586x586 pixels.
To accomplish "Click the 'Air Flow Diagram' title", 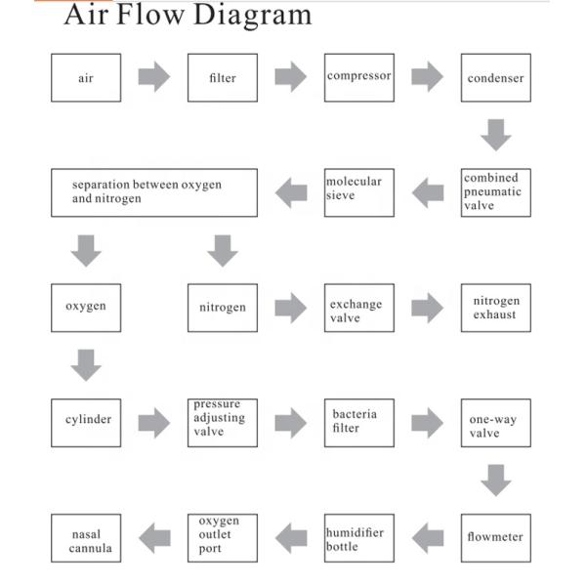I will [188, 16].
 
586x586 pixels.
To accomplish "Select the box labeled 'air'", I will [86, 78].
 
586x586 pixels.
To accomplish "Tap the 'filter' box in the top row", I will [223, 78].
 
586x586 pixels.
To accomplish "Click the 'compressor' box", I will [359, 78].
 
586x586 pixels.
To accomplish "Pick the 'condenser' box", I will [496, 78].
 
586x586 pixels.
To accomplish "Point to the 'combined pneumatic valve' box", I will [496, 192].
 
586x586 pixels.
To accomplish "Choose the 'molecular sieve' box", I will [359, 192].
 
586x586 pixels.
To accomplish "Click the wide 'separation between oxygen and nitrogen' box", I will [154, 192].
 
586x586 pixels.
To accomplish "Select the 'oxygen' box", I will [86, 307].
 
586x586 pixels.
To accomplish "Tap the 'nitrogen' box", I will [223, 307].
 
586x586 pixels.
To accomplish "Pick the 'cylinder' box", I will [86, 422].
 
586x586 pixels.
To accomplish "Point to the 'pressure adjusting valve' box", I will [223, 422].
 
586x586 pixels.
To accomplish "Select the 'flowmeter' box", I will [496, 537].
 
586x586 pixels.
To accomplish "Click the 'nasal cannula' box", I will [86, 537].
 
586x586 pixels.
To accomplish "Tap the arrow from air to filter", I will [154, 77].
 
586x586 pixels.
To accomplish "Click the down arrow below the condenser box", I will [496, 135].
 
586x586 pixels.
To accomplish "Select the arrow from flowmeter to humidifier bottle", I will [428, 536].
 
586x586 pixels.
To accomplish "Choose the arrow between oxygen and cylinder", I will [86, 365].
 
